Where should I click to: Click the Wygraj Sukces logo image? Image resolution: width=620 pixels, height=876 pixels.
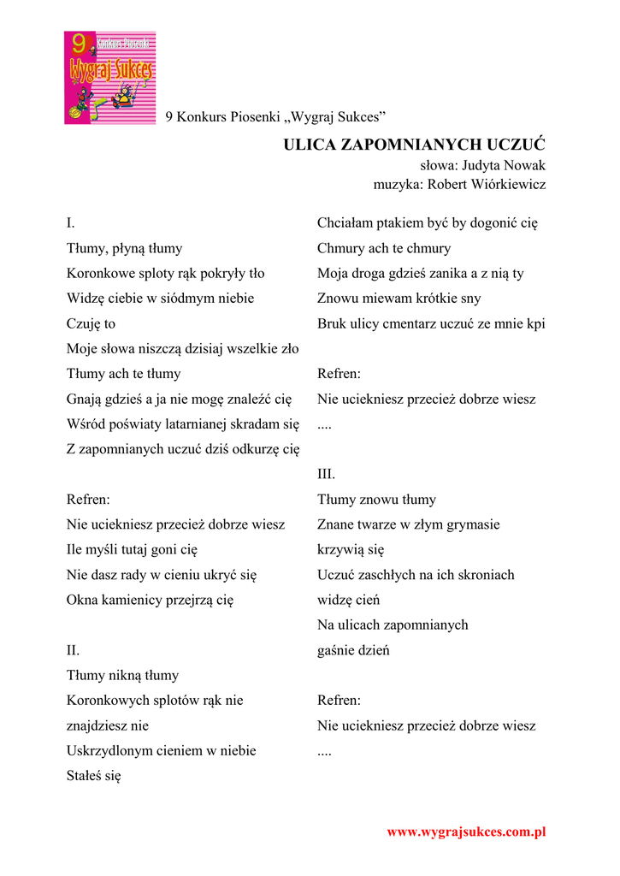(x=109, y=78)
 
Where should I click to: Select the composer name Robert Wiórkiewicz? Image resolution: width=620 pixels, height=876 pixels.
(x=486, y=184)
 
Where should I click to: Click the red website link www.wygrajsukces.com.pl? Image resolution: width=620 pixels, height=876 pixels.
(x=466, y=832)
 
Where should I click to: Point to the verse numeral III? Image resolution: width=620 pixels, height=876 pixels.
(x=326, y=474)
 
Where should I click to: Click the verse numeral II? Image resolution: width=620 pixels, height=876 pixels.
(x=73, y=650)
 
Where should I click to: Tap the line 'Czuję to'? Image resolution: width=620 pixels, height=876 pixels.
(x=91, y=323)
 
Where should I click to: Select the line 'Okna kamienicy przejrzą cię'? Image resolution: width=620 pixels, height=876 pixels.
(x=150, y=600)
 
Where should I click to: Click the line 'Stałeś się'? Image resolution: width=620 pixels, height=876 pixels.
(x=94, y=776)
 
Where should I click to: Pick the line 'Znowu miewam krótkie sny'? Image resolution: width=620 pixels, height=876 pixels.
(x=399, y=299)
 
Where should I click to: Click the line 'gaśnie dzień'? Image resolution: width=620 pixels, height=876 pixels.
(x=353, y=650)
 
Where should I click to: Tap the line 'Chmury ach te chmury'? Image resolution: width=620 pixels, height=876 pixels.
(x=383, y=248)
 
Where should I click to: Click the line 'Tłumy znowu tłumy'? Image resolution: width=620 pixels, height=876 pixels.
(x=376, y=500)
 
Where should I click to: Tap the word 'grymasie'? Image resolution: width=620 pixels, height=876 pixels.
(x=474, y=524)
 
